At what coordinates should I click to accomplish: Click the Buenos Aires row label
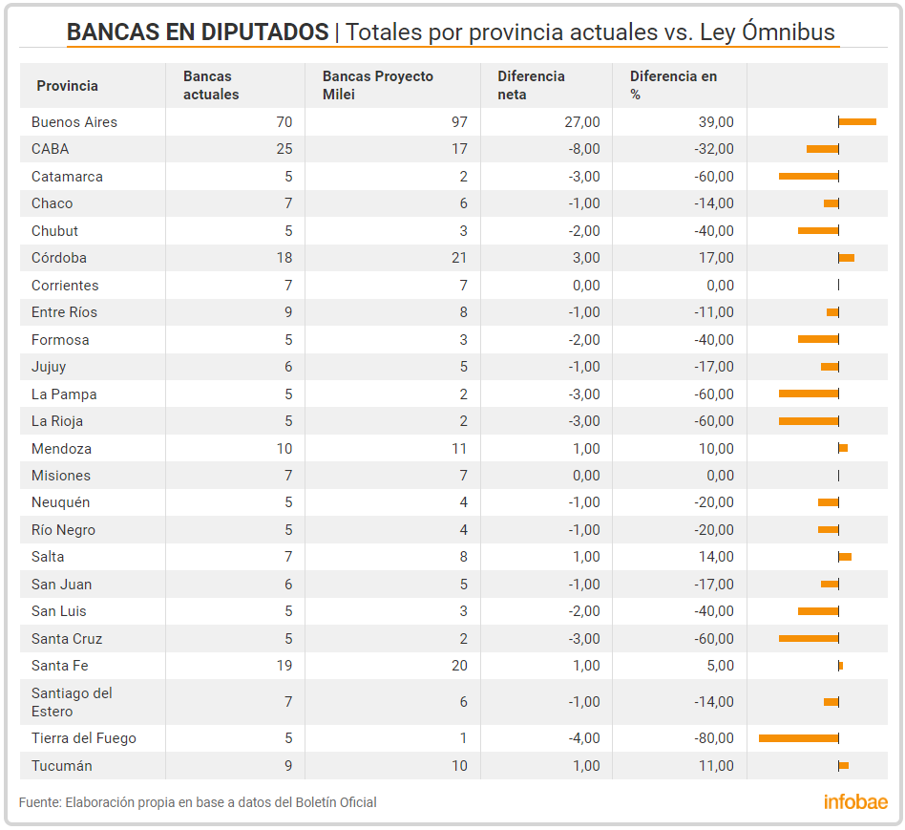click(74, 122)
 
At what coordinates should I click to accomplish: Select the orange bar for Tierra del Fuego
click(798, 738)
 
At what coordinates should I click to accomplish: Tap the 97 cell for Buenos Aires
click(458, 122)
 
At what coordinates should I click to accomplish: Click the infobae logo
click(855, 802)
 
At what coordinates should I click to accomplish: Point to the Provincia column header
click(67, 86)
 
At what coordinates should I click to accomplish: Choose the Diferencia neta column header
click(531, 86)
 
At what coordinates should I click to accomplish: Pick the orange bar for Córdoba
click(847, 258)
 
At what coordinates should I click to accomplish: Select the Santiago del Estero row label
click(72, 702)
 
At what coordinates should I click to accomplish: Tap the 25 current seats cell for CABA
click(284, 149)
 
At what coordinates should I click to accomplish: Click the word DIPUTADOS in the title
click(264, 32)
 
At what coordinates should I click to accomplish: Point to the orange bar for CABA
click(822, 149)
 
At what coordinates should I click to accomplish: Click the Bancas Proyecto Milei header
click(378, 86)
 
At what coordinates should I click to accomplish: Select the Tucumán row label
click(62, 766)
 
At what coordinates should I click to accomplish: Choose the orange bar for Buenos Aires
click(857, 122)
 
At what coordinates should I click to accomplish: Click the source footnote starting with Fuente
click(198, 802)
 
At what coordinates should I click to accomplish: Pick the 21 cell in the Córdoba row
click(459, 258)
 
